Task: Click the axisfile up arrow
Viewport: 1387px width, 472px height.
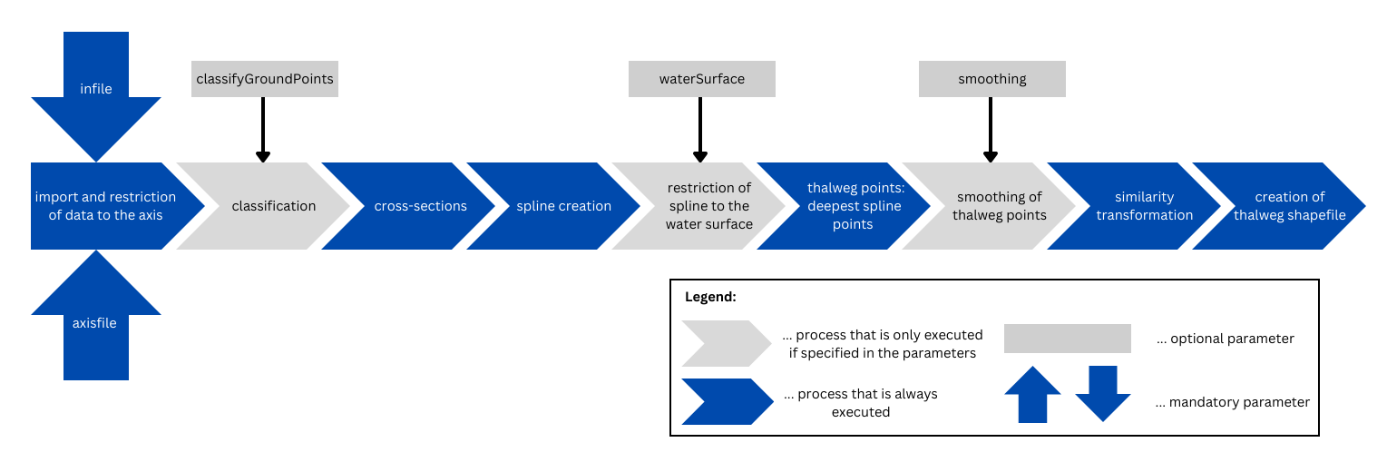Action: (x=96, y=319)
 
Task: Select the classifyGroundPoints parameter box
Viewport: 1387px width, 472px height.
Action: (x=264, y=79)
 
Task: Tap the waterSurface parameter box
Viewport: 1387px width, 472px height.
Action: (x=701, y=79)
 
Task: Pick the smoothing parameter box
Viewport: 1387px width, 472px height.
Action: (x=991, y=79)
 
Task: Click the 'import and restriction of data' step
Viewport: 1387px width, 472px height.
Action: (x=106, y=206)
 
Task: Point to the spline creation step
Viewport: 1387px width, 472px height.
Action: (x=564, y=206)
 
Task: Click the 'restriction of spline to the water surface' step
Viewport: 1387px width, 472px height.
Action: (x=708, y=206)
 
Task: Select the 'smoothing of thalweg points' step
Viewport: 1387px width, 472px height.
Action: (x=998, y=206)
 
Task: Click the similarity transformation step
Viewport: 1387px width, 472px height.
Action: (x=1143, y=206)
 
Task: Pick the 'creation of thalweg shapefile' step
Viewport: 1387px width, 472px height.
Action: (x=1288, y=206)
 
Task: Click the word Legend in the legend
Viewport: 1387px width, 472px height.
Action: (x=711, y=298)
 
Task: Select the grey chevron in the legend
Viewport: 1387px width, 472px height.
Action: (x=726, y=343)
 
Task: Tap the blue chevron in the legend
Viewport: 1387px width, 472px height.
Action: (x=726, y=401)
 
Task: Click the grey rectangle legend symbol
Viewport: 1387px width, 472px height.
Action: (x=1067, y=339)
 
